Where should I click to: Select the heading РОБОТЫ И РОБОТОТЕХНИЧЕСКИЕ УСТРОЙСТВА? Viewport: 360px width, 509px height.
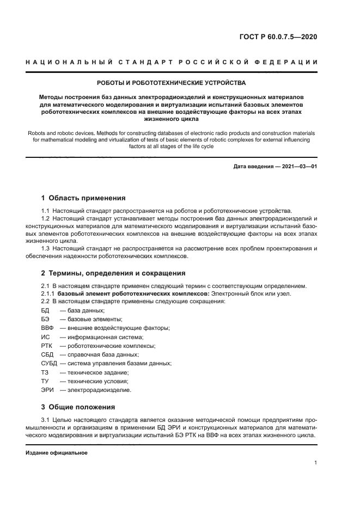click(171, 83)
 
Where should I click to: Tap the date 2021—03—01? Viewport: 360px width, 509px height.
click(298, 167)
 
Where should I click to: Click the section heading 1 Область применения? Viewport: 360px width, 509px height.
click(83, 198)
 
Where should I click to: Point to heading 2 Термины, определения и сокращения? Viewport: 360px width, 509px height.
click(113, 273)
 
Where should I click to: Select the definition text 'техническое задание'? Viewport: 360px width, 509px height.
click(98, 372)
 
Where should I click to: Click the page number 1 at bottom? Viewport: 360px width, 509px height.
click(316, 462)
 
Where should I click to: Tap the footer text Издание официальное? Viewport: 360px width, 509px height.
click(56, 453)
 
